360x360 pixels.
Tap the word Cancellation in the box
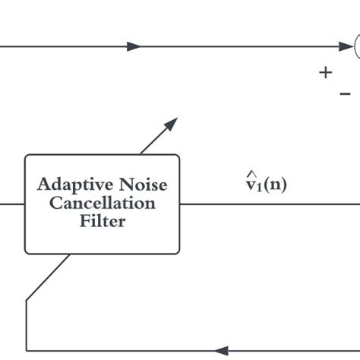pos(103,204)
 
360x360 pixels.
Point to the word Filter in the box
pos(103,222)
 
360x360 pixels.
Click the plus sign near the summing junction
pos(326,73)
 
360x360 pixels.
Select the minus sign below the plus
pos(345,93)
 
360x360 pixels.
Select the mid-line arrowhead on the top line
pos(134,46)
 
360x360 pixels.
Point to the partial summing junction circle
pos(356,46)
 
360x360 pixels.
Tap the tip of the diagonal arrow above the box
pos(175,119)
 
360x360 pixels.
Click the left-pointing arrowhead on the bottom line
pos(221,351)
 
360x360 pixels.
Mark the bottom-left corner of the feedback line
pos(27,351)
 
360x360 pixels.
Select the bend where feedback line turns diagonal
pos(27,301)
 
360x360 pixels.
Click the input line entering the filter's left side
pos(12,204)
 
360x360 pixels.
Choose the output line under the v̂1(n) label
pos(266,204)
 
